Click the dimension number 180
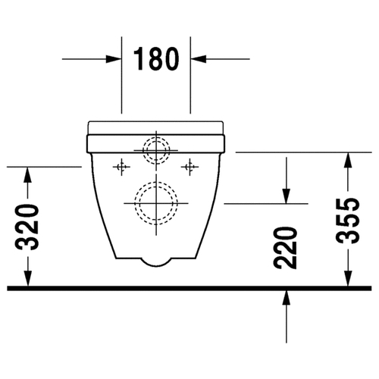click(156, 59)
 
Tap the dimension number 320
click(27, 227)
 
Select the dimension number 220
click(285, 248)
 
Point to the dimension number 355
click(348, 221)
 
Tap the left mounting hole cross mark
click(121, 167)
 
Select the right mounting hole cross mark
click(189, 167)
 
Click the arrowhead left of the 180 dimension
click(113, 59)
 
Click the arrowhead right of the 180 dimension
click(199, 59)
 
